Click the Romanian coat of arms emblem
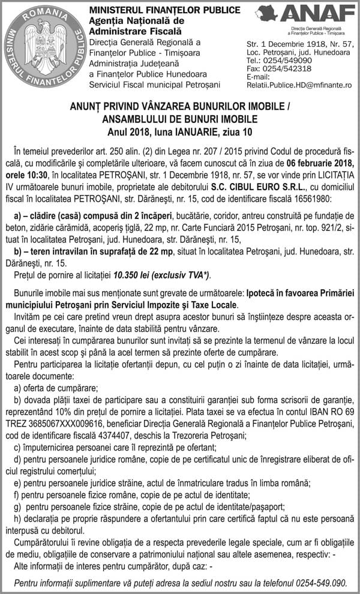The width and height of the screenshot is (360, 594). pos(43,46)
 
